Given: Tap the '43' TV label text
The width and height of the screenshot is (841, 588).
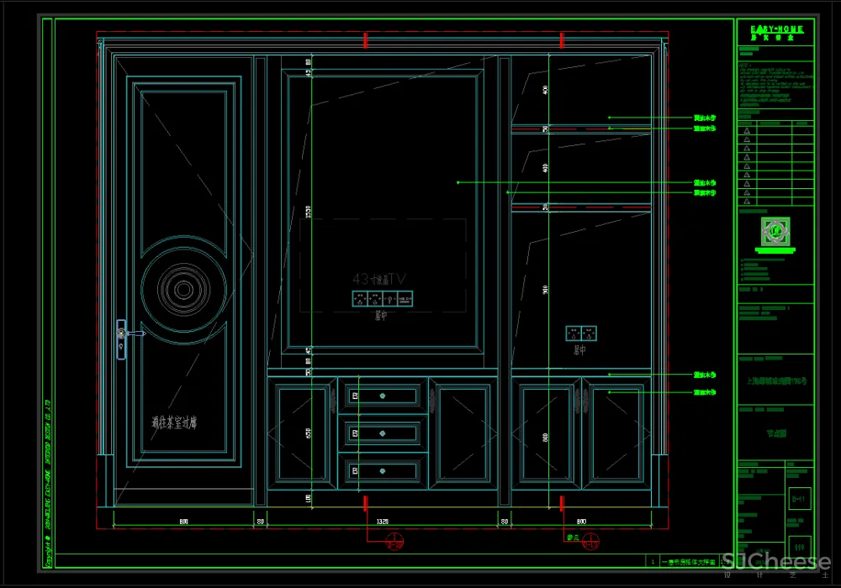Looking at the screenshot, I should (378, 278).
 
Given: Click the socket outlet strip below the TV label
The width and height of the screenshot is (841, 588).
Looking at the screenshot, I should (382, 298).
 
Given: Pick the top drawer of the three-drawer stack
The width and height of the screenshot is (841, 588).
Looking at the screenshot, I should (383, 396).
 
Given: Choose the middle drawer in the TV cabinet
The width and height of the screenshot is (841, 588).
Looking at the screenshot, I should (383, 433).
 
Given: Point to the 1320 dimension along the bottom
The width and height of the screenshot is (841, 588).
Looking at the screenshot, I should (382, 522).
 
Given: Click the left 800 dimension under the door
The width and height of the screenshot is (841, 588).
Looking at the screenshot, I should (182, 522).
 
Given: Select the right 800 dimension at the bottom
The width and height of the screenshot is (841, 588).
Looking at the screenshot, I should (580, 522).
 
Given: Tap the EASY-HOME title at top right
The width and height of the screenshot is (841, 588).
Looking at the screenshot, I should (776, 29).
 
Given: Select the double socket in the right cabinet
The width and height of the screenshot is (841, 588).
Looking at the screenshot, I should (581, 333).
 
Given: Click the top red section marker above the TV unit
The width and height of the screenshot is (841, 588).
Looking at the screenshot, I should (365, 39).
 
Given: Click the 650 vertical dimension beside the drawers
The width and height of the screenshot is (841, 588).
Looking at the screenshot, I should (309, 433).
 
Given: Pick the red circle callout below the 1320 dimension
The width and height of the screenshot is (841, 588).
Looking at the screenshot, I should (390, 542).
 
